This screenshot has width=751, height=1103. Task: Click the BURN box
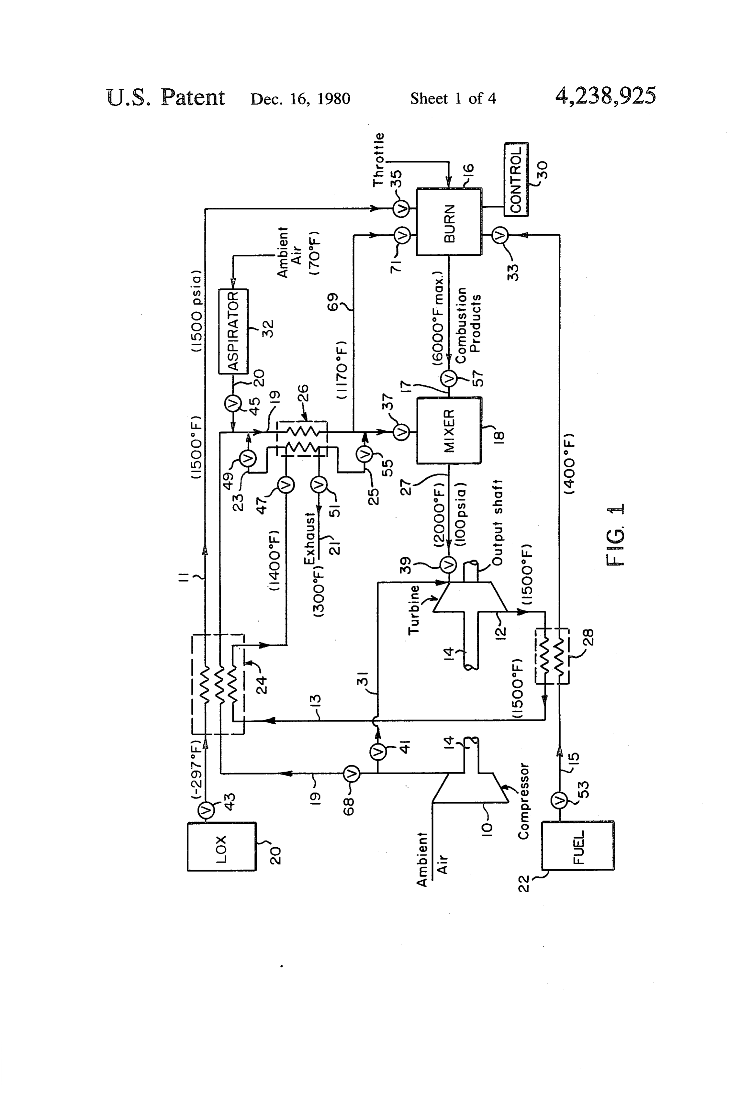coord(449,222)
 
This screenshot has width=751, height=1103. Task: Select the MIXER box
coord(449,430)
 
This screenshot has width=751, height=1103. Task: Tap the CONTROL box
coord(516,179)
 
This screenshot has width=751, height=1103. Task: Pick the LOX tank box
coord(222,846)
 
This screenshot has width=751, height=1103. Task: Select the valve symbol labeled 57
coord(449,378)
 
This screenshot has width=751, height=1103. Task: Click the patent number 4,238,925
coord(606,96)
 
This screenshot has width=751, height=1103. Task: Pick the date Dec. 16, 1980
coord(300,99)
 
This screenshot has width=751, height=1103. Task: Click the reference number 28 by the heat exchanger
coord(588,637)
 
